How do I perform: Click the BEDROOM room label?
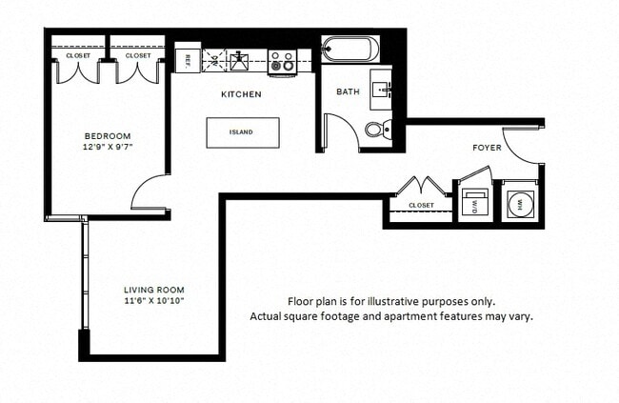click(108, 135)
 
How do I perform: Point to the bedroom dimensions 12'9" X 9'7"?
click(108, 148)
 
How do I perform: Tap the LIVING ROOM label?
click(154, 290)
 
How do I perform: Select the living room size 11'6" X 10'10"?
click(154, 301)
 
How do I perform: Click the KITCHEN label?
click(241, 95)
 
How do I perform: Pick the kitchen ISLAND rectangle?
click(243, 132)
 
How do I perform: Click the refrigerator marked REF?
click(188, 59)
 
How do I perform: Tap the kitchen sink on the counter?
click(239, 61)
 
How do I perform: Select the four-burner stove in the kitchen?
click(282, 63)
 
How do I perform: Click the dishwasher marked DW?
click(214, 60)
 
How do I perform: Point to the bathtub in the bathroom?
click(350, 49)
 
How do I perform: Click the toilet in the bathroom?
click(377, 130)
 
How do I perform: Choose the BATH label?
click(347, 92)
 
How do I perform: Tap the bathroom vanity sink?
click(385, 87)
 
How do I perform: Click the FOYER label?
click(487, 148)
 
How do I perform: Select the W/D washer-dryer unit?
click(473, 203)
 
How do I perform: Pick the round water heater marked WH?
click(520, 203)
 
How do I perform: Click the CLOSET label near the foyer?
click(421, 206)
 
